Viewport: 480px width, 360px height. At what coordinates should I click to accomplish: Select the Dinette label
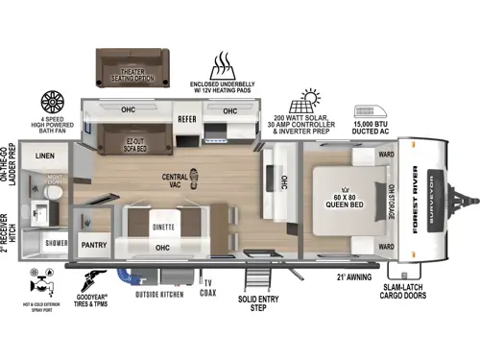(162, 228)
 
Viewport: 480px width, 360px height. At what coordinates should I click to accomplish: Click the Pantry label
(93, 246)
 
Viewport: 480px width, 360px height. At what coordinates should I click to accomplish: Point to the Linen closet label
(45, 155)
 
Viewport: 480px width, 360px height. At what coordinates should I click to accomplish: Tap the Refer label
(186, 119)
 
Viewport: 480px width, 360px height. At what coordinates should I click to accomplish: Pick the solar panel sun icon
(311, 100)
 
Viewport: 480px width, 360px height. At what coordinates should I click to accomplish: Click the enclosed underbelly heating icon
(224, 67)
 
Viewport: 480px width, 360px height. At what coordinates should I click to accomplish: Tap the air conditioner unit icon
(371, 112)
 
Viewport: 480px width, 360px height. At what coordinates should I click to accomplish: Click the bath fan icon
(52, 102)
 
